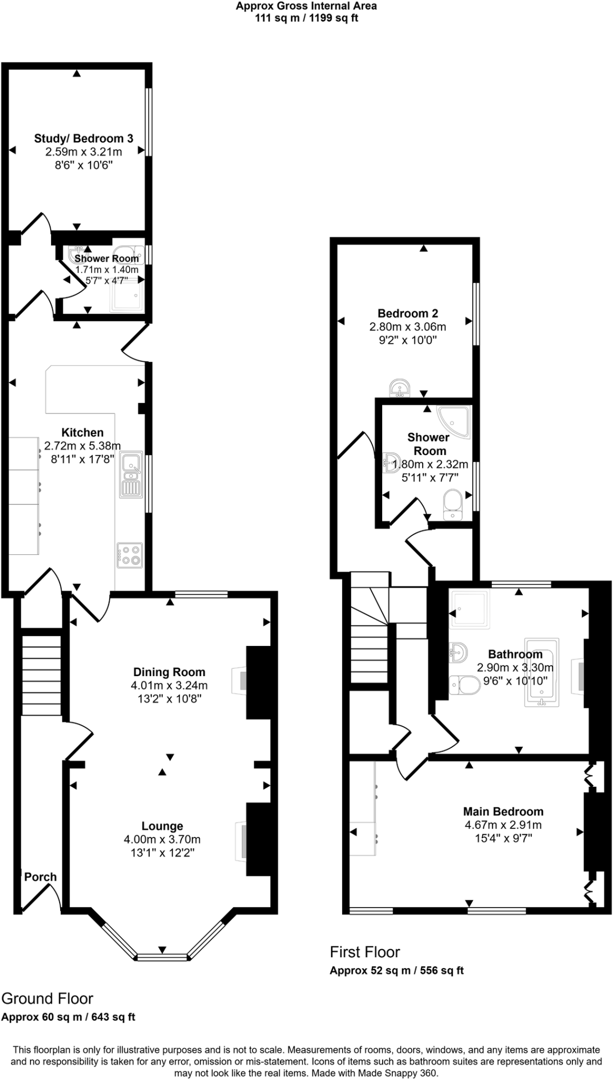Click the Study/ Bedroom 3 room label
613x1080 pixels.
[x=83, y=138]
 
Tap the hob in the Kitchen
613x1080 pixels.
[x=130, y=555]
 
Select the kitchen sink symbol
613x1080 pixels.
[x=131, y=475]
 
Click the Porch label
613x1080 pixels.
[x=40, y=876]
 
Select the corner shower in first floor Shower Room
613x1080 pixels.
[x=454, y=421]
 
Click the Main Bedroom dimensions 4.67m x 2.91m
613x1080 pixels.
[x=503, y=825]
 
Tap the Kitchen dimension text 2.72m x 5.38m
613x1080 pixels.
[x=82, y=446]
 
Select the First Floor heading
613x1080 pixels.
[x=365, y=952]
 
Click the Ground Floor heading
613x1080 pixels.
[x=47, y=998]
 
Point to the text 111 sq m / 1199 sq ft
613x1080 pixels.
[x=306, y=18]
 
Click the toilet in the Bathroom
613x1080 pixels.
[x=464, y=686]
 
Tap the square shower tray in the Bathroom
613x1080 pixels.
[x=469, y=609]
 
